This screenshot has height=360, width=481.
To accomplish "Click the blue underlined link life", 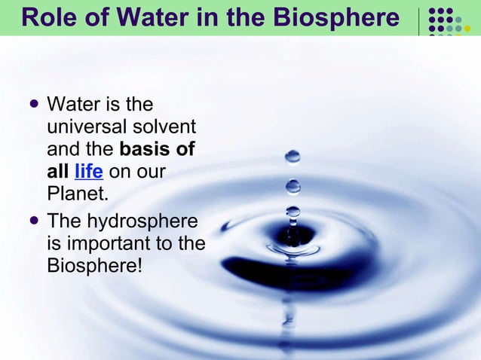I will click(89, 172).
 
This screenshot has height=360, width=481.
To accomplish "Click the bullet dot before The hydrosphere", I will click(32, 221).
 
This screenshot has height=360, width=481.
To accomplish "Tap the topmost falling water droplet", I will click(293, 157).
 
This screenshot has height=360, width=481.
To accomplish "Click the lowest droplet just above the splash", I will click(293, 212).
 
